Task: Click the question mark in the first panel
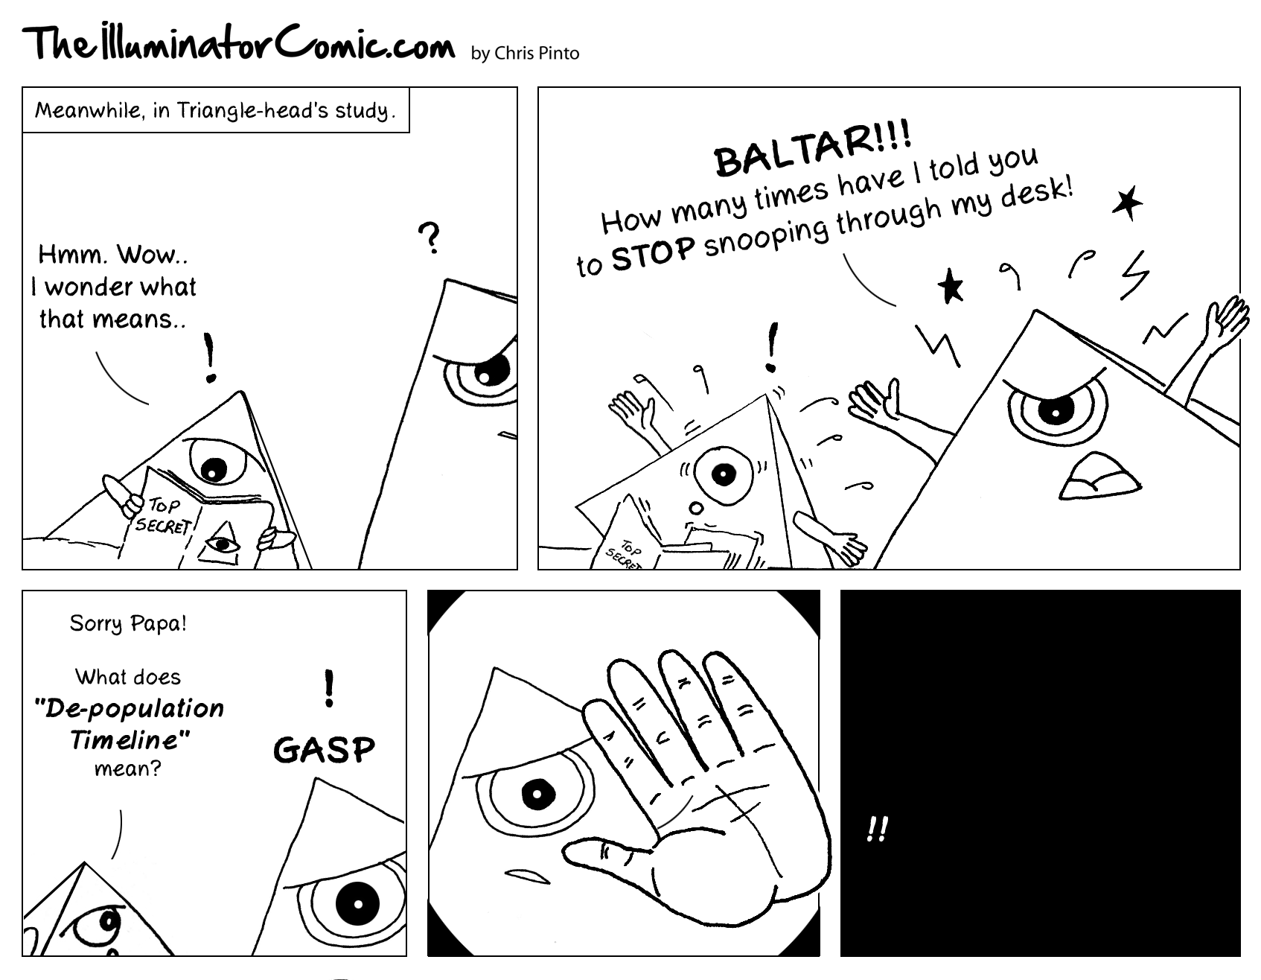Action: pos(430,238)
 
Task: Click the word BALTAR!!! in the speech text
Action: pos(812,150)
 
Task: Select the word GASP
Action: pos(325,750)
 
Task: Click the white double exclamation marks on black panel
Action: pos(878,829)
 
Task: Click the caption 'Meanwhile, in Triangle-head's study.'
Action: pos(215,111)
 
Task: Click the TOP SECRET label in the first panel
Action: pos(164,515)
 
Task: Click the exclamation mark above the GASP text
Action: pos(328,689)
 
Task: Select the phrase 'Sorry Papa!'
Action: pos(128,623)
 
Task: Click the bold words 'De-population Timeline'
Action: pos(130,723)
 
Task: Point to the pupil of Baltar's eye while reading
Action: pos(214,470)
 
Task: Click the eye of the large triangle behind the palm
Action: pos(535,795)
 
